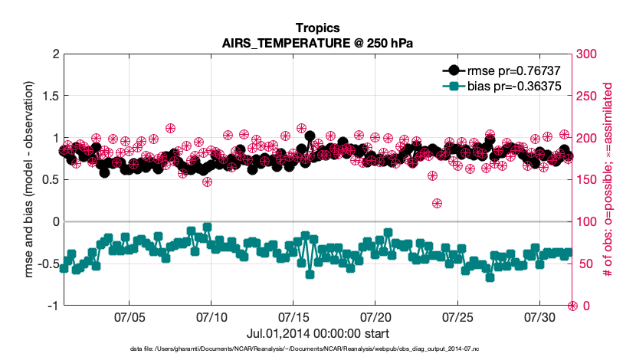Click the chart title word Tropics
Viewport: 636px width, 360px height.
(317, 28)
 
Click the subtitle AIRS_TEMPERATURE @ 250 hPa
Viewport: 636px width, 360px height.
(317, 43)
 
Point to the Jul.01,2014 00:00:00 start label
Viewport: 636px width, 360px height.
(317, 334)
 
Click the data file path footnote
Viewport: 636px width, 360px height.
(317, 349)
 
